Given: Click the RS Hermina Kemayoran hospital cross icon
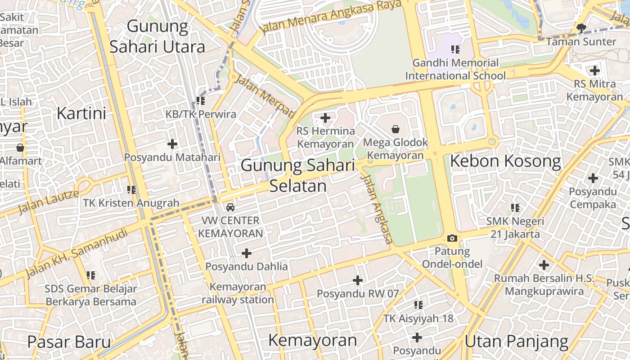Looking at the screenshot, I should click(x=325, y=118).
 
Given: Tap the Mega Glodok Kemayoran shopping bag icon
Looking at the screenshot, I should click(x=396, y=130).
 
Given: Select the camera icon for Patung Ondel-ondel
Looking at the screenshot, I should click(x=452, y=238).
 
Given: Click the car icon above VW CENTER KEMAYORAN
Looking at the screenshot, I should click(x=230, y=207).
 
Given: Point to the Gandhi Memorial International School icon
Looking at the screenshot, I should click(x=455, y=49).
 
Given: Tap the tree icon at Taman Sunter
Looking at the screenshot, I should click(x=581, y=28).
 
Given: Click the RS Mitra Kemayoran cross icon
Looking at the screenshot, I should click(x=594, y=71).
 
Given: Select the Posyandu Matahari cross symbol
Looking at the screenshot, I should click(x=172, y=144).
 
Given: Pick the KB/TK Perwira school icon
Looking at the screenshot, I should click(x=201, y=101).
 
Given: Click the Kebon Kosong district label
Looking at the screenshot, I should click(x=505, y=161).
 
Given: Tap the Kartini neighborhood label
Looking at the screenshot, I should click(x=81, y=113).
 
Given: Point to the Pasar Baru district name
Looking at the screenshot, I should click(x=69, y=342).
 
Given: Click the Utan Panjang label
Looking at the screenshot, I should click(x=517, y=342).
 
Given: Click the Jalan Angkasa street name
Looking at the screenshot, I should click(x=377, y=209).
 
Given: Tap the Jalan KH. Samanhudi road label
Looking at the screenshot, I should click(x=76, y=253).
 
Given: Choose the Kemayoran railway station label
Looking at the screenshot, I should click(x=238, y=293).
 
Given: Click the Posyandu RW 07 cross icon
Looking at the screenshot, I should click(x=358, y=280).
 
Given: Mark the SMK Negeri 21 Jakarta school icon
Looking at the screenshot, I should click(x=515, y=208).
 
